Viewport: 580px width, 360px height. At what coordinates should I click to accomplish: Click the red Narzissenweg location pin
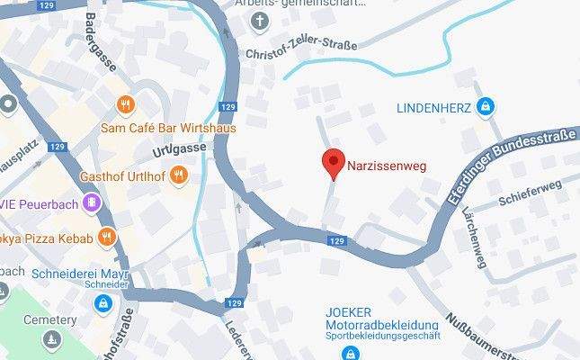pyautogui.click(x=334, y=163)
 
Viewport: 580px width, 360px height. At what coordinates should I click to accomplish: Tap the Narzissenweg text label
pyautogui.click(x=388, y=166)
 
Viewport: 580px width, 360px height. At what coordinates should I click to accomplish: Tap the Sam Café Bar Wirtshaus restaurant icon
pyautogui.click(x=124, y=103)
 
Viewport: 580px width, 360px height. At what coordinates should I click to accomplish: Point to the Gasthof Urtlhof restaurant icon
pyautogui.click(x=179, y=175)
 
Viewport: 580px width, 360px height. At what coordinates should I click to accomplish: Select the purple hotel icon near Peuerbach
pyautogui.click(x=89, y=204)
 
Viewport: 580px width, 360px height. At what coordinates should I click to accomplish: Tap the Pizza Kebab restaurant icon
pyautogui.click(x=108, y=238)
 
